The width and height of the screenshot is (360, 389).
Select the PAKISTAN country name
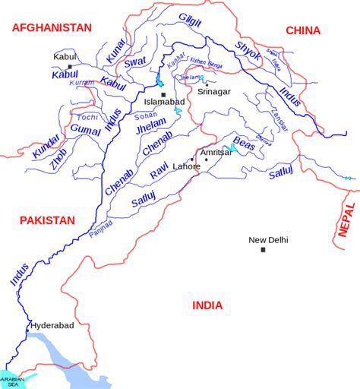47,220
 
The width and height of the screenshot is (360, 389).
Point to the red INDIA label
207,305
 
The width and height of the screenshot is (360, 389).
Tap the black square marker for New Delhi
263,250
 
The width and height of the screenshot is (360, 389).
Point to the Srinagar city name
213,93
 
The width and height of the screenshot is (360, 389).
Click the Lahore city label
187,166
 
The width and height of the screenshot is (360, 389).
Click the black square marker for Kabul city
69,67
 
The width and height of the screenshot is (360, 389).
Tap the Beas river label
243,144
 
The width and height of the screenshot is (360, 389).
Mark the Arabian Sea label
12,381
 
